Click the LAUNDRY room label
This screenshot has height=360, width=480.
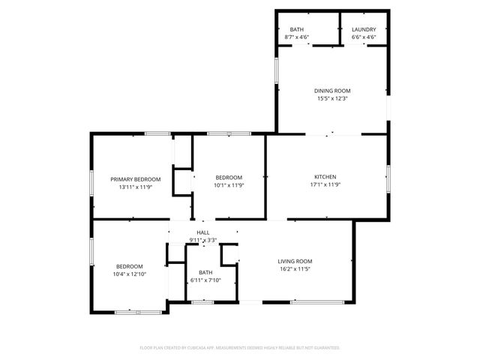click(x=364, y=29)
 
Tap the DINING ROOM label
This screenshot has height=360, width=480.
click(x=331, y=91)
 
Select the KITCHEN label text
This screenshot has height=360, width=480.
click(x=326, y=177)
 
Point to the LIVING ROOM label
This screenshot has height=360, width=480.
click(x=296, y=260)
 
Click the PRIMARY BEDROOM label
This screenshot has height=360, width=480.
click(x=136, y=179)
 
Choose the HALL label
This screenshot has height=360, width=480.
click(x=202, y=233)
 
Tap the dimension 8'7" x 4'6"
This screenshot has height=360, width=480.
click(x=298, y=37)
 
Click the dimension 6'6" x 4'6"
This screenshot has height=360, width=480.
click(x=364, y=37)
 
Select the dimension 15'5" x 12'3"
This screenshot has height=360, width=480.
click(x=331, y=98)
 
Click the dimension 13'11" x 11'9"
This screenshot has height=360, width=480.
click(x=136, y=187)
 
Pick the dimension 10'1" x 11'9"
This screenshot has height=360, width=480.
click(x=229, y=184)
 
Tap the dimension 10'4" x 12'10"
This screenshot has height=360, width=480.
click(x=130, y=274)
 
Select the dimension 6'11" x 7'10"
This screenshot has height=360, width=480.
click(x=205, y=280)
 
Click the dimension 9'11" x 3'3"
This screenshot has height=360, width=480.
click(x=202, y=241)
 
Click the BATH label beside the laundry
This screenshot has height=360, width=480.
click(x=298, y=29)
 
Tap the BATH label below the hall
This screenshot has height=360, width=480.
click(x=205, y=272)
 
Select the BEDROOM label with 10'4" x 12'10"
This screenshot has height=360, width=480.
click(x=130, y=266)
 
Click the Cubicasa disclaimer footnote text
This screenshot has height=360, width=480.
click(x=240, y=348)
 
